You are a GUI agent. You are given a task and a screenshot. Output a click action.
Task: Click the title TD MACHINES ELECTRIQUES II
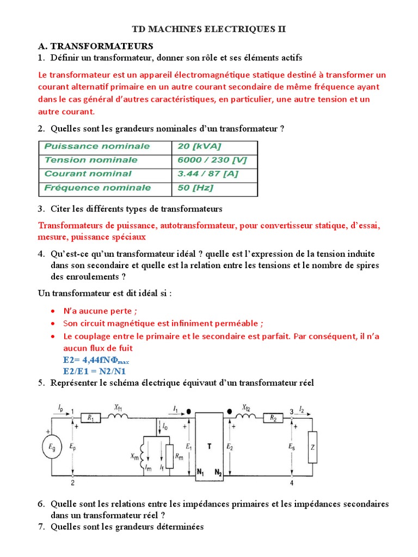(209, 29)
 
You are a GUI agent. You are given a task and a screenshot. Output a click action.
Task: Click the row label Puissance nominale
(97, 146)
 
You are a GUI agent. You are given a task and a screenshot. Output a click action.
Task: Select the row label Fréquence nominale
(97, 188)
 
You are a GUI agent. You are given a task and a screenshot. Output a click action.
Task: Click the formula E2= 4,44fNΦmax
(96, 360)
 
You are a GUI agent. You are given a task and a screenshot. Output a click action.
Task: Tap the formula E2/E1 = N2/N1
(94, 371)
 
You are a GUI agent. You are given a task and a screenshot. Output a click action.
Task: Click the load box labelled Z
(312, 447)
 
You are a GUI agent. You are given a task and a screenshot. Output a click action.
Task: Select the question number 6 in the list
(41, 504)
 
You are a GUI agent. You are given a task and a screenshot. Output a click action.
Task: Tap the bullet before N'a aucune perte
(52, 311)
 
